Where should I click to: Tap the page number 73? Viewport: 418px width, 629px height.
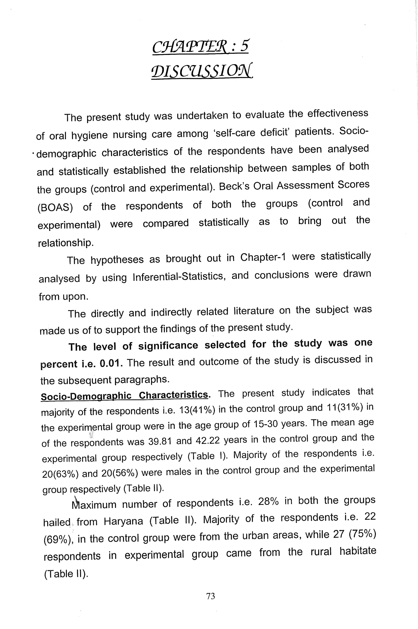[x=210, y=596]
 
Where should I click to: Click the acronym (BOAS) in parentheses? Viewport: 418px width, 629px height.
[x=55, y=207]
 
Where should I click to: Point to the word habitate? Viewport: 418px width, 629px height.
[x=358, y=551]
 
